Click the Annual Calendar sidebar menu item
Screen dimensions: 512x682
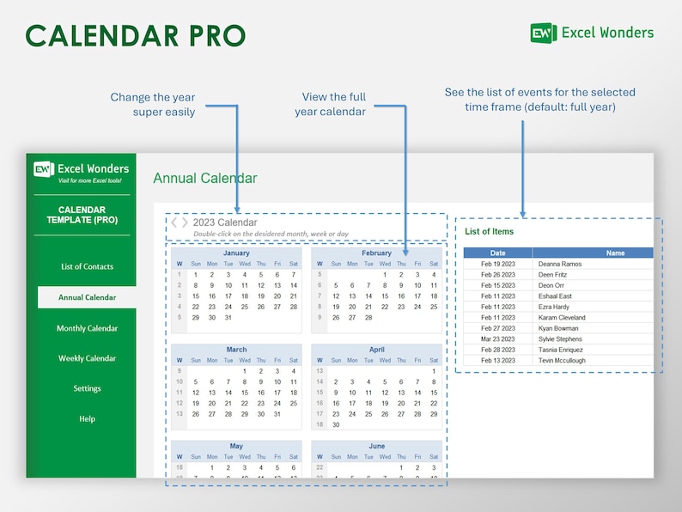tap(87, 297)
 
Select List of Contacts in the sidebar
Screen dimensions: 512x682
tap(87, 266)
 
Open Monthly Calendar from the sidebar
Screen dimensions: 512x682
tap(87, 328)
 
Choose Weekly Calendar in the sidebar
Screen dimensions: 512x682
tap(87, 358)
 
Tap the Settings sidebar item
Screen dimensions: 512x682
tap(87, 388)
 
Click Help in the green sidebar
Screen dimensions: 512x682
tap(87, 419)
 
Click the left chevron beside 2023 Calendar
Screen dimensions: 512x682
tap(174, 222)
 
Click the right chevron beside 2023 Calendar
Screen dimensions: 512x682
tap(185, 222)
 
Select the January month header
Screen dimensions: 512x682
tap(236, 253)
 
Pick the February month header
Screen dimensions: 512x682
tap(376, 253)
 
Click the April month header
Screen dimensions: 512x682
tap(376, 350)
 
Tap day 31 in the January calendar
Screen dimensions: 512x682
tap(228, 317)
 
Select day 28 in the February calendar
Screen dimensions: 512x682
tap(368, 317)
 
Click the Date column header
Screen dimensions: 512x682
tap(498, 253)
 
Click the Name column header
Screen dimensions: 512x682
tap(615, 253)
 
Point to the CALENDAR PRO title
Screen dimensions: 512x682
tap(136, 35)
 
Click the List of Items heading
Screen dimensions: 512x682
tap(489, 231)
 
